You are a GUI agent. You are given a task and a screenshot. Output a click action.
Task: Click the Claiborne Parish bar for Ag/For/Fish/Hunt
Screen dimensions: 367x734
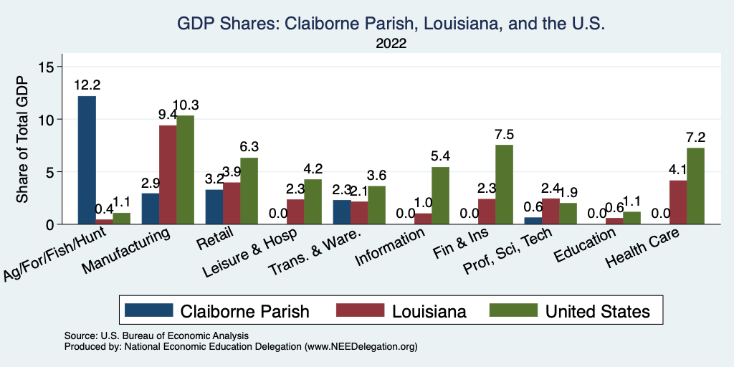click(87, 161)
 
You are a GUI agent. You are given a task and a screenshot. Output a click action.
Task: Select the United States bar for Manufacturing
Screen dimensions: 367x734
click(185, 170)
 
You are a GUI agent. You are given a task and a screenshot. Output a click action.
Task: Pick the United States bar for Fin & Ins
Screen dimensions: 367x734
click(504, 185)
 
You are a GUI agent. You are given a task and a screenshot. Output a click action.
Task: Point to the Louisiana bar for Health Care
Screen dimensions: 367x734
click(677, 202)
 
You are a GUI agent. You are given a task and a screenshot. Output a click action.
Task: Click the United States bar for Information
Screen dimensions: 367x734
click(441, 196)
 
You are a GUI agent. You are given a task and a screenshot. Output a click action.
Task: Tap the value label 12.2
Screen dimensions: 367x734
click(87, 85)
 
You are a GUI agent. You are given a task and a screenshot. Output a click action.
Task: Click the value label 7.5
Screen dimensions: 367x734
click(504, 134)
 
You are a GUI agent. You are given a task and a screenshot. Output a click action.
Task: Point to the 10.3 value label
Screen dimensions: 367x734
click(186, 105)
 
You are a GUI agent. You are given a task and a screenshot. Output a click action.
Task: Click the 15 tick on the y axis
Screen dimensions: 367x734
click(47, 67)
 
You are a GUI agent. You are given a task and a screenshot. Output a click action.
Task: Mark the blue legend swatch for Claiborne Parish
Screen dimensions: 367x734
click(148, 311)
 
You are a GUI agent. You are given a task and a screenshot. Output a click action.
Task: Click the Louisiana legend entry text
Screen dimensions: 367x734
click(429, 311)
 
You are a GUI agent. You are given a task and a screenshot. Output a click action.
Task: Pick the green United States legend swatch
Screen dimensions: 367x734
click(513, 311)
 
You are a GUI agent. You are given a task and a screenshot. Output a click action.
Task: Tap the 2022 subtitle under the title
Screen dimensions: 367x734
click(391, 44)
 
